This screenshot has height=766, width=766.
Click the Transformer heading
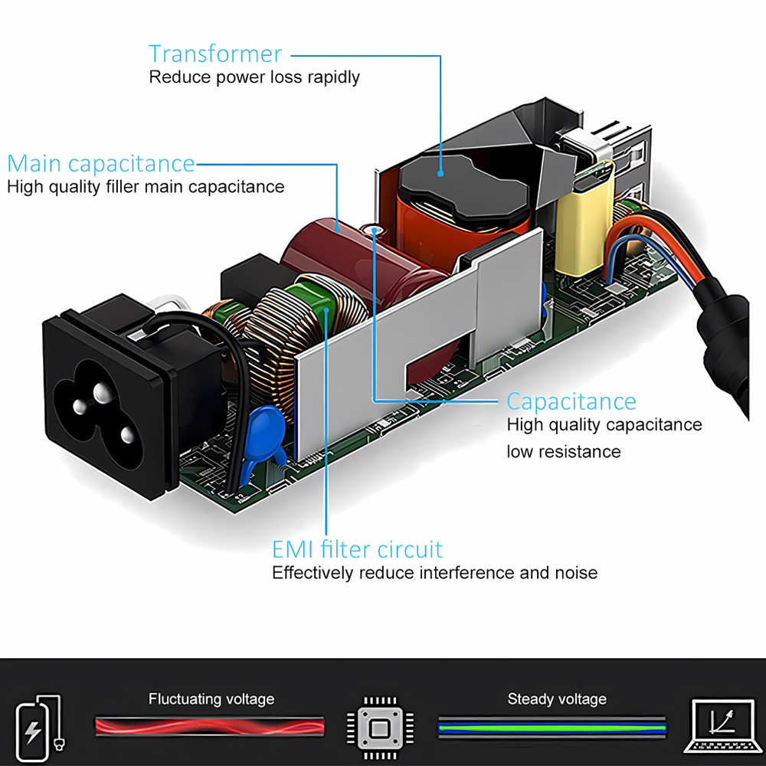[x=215, y=54]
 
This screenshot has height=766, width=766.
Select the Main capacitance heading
[x=101, y=164]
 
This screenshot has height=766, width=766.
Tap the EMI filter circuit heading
[x=357, y=549]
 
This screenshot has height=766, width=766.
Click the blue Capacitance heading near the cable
[x=571, y=401]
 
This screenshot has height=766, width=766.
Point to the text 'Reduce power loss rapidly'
[x=254, y=77]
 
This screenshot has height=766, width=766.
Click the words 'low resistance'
[x=563, y=451]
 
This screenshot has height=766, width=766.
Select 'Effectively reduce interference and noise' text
[x=434, y=573]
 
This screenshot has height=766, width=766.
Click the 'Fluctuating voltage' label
[x=211, y=699]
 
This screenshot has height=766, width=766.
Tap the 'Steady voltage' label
[x=556, y=699]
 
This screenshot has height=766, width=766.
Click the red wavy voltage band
[x=209, y=725]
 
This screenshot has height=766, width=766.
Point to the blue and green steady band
[x=552, y=725]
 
